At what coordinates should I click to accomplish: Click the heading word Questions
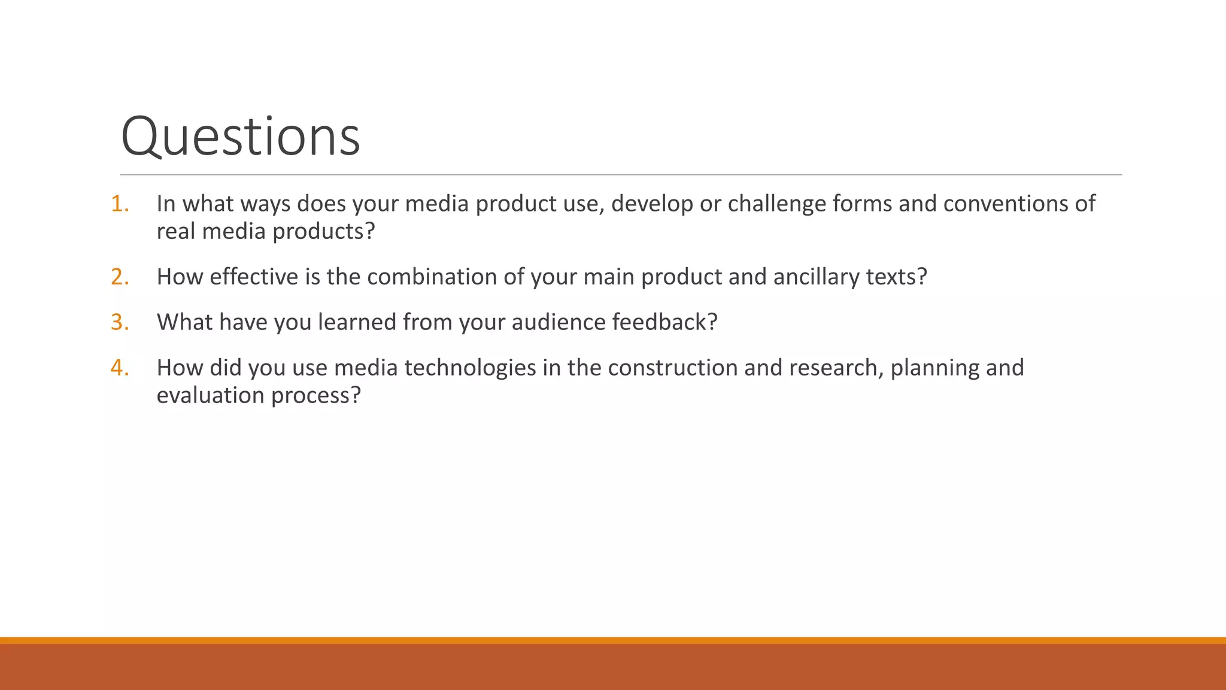coord(240,137)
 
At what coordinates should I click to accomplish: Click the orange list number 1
coord(119,204)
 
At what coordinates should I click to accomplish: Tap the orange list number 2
coord(119,277)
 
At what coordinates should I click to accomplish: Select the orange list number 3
coord(119,322)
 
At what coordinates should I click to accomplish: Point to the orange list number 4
coord(119,368)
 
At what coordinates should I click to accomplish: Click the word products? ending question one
coord(323,231)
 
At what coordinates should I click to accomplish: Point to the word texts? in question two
coord(897,277)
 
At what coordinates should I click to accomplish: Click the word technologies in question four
coord(470,368)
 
